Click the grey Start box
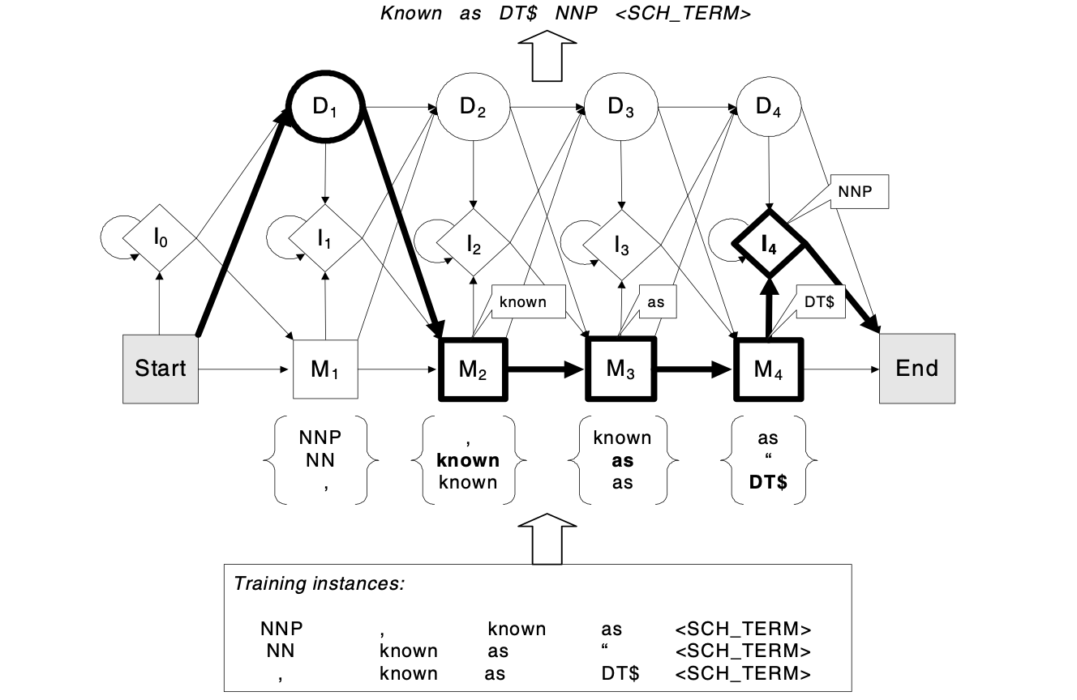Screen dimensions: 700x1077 tap(161, 368)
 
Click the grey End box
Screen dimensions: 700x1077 tap(916, 368)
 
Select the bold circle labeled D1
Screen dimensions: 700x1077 tap(325, 109)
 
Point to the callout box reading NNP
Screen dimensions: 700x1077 tap(859, 193)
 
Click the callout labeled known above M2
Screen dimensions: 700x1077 tap(521, 302)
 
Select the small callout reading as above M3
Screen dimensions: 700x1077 tap(656, 301)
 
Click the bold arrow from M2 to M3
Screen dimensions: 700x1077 tap(545, 369)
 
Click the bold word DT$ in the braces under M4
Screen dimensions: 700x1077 tap(767, 483)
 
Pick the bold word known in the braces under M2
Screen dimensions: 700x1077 tap(468, 461)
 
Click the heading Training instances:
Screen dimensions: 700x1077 tap(319, 583)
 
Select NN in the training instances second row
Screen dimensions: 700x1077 tap(281, 651)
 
